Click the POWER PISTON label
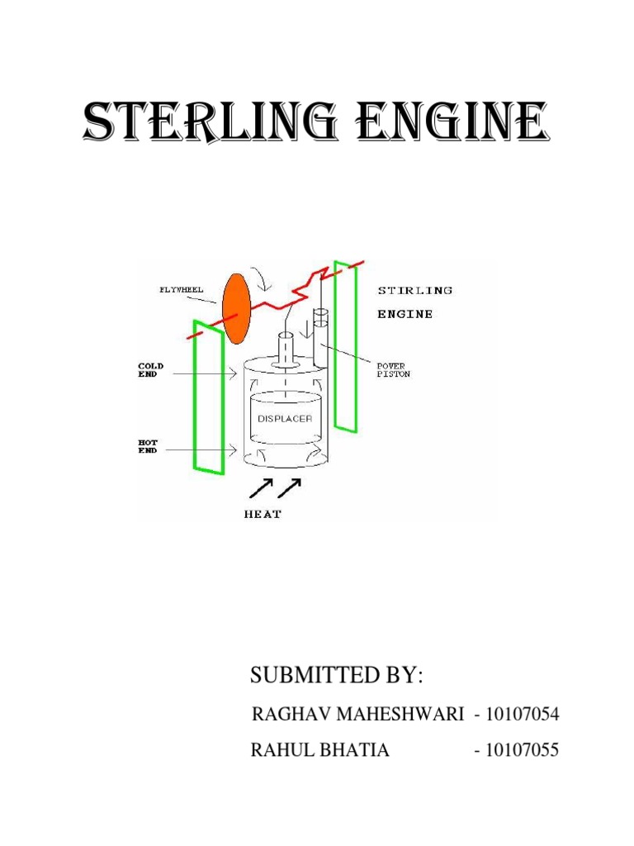coord(393,369)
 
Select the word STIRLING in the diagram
coord(414,290)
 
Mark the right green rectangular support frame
coord(344,346)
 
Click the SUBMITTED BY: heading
coord(336,675)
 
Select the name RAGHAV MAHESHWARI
coord(357,715)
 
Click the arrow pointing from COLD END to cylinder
coord(206,373)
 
